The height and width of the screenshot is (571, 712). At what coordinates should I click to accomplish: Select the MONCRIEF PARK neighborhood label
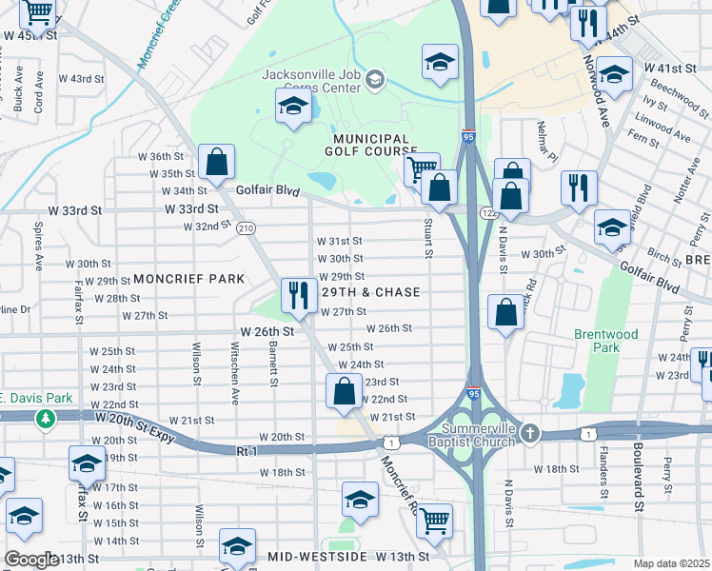(188, 279)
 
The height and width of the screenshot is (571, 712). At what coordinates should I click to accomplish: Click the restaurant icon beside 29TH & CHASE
(300, 295)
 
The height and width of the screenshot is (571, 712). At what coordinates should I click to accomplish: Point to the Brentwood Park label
(598, 341)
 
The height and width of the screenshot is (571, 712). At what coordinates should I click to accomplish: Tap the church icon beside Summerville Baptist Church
(530, 434)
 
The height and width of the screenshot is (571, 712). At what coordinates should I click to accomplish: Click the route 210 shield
(247, 228)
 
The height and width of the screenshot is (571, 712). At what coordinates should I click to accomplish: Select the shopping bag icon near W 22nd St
(344, 392)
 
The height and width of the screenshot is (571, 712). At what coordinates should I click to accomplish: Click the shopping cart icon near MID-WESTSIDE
(434, 522)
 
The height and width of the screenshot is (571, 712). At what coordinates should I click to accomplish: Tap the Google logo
(30, 560)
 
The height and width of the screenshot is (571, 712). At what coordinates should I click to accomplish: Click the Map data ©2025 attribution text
(671, 563)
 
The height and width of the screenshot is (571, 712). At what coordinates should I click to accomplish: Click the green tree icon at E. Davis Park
(45, 418)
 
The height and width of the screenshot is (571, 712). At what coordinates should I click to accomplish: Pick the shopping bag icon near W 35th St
(217, 164)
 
